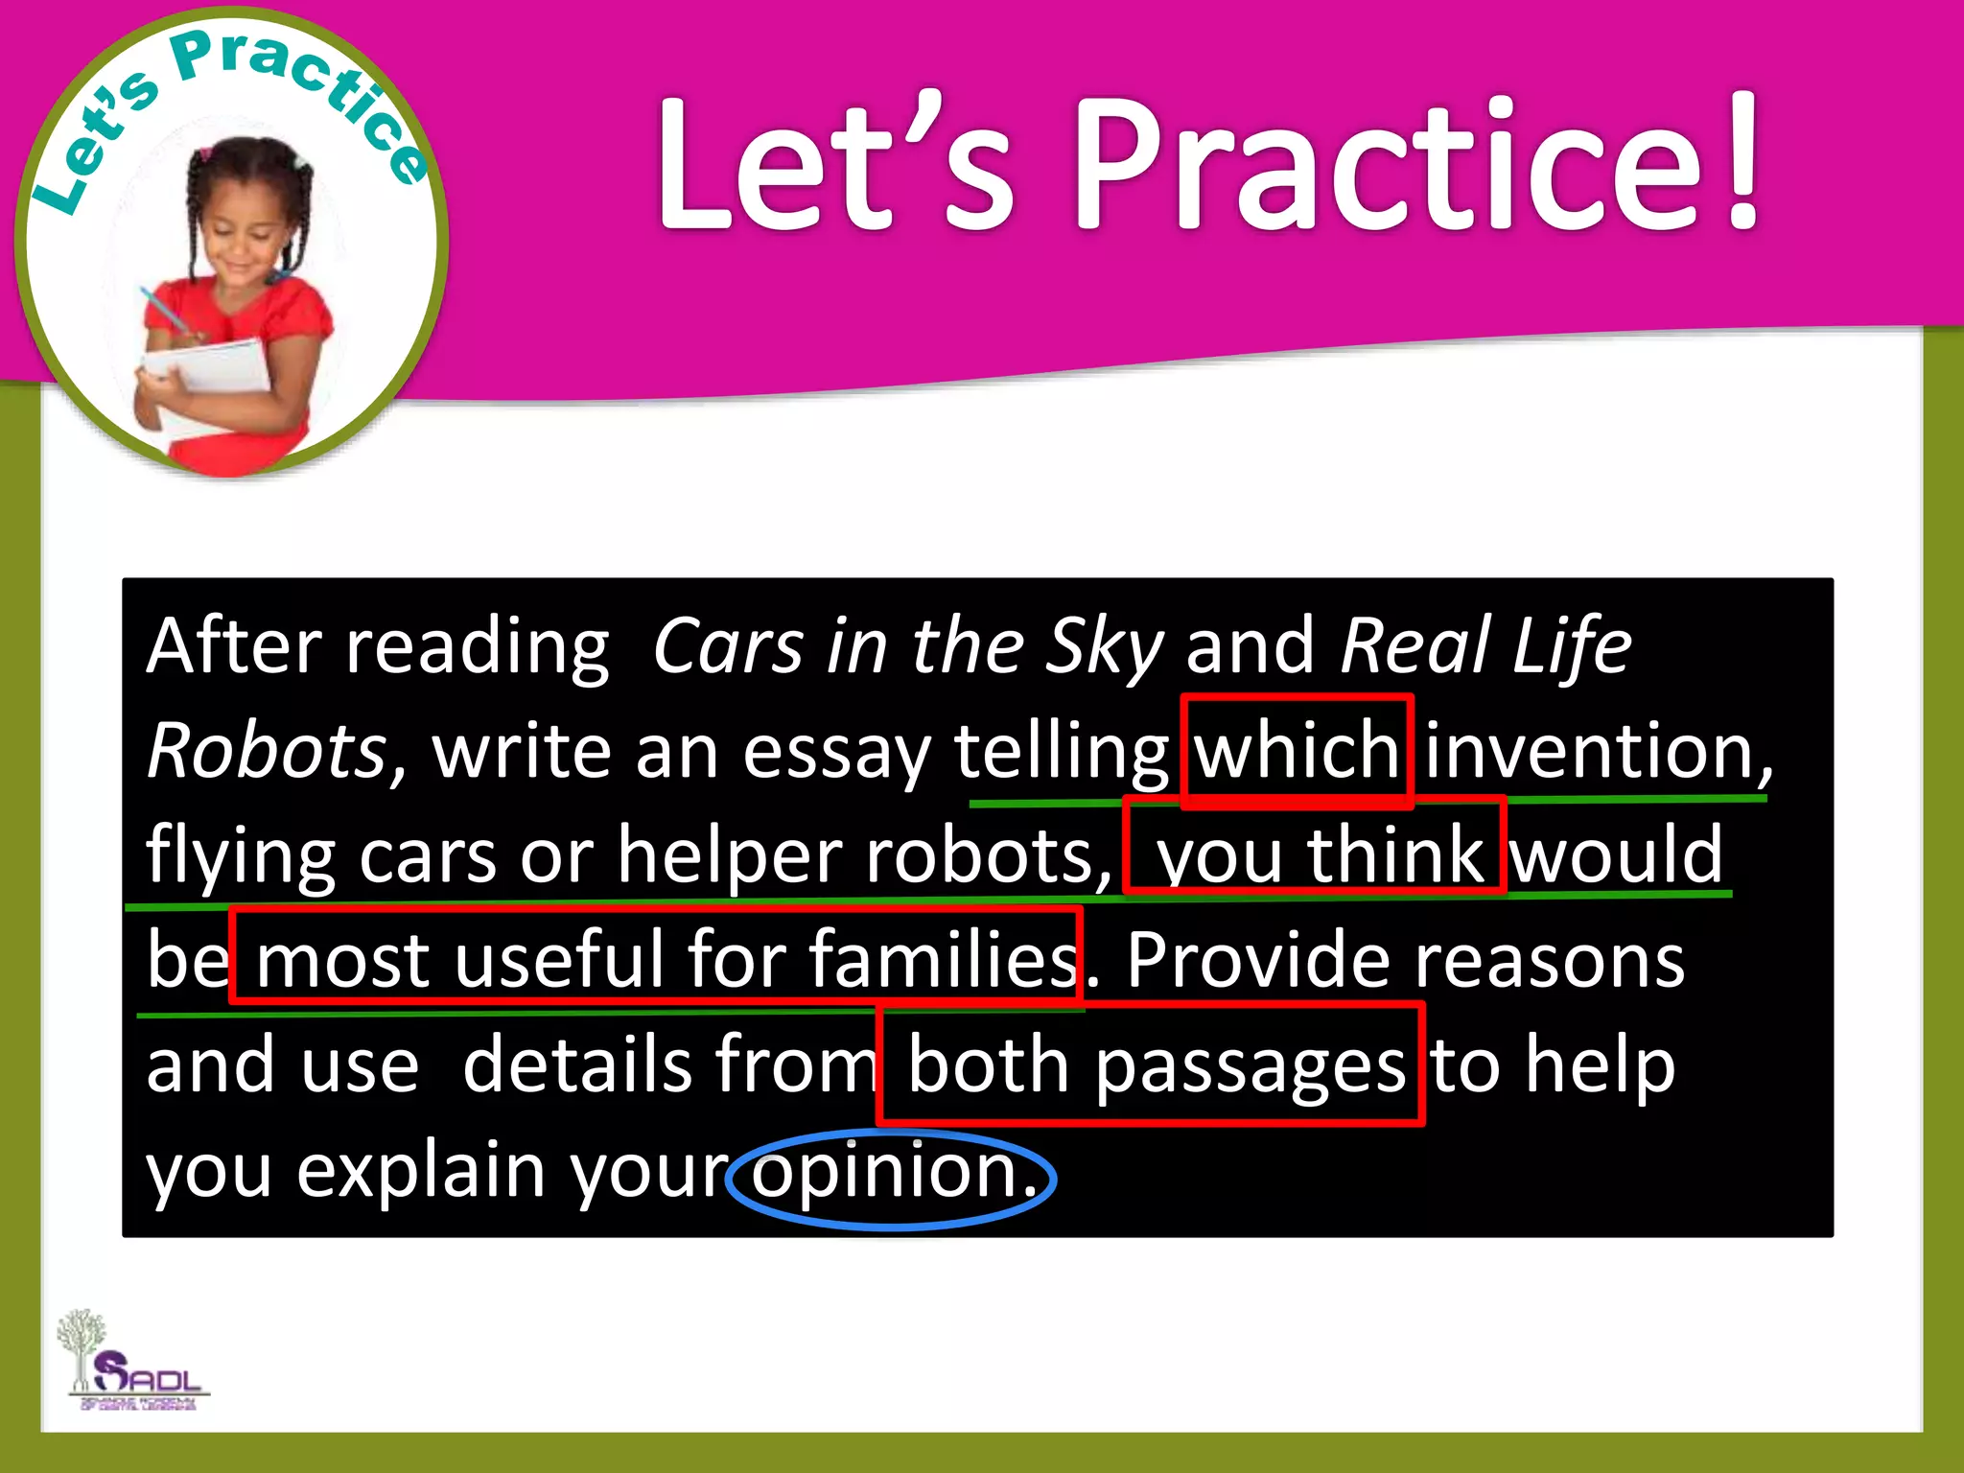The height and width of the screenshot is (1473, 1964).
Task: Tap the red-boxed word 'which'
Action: tap(1297, 752)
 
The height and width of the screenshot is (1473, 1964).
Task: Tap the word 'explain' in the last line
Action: tap(421, 1172)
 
